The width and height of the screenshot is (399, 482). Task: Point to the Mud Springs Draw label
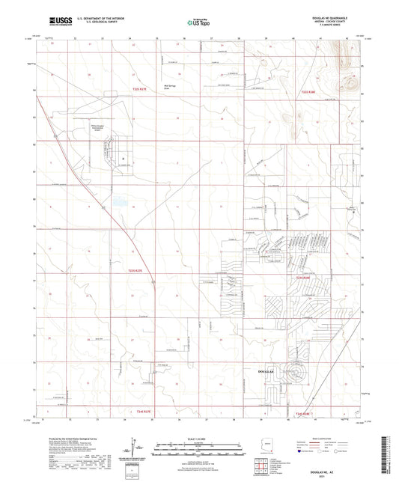click(170, 85)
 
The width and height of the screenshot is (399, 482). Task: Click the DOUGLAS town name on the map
click(267, 370)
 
